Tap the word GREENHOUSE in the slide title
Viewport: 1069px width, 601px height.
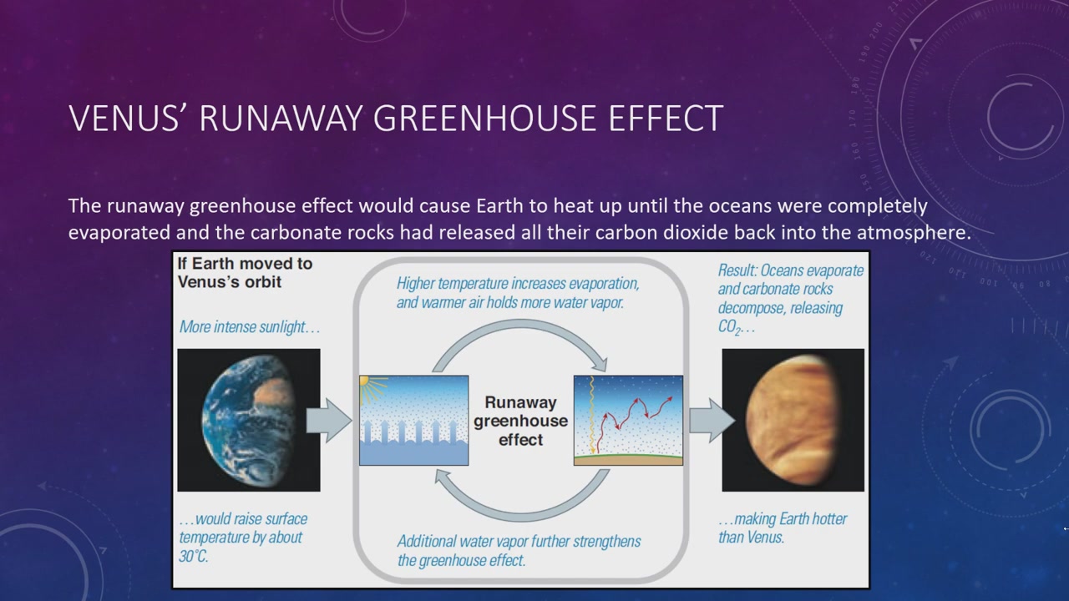pyautogui.click(x=484, y=118)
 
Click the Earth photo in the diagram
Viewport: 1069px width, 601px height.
pyautogui.click(x=249, y=420)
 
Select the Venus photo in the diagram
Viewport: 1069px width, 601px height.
pyautogui.click(x=793, y=420)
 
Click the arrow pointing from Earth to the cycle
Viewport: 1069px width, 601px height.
pyautogui.click(x=329, y=420)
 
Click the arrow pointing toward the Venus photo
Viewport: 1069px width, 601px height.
pyautogui.click(x=712, y=420)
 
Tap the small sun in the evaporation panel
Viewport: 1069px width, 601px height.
pyautogui.click(x=364, y=381)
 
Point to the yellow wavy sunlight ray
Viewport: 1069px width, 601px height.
pyautogui.click(x=592, y=414)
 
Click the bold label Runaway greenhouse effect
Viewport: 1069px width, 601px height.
pyautogui.click(x=520, y=421)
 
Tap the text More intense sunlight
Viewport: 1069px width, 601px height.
pyautogui.click(x=249, y=327)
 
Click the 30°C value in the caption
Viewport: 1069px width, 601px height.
pyautogui.click(x=193, y=556)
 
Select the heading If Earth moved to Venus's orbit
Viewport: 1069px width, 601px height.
pyautogui.click(x=245, y=272)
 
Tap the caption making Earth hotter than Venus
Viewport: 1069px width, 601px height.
pyautogui.click(x=783, y=528)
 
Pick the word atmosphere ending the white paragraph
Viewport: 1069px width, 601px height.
pyautogui.click(x=914, y=233)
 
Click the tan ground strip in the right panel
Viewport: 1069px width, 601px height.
pyautogui.click(x=628, y=460)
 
